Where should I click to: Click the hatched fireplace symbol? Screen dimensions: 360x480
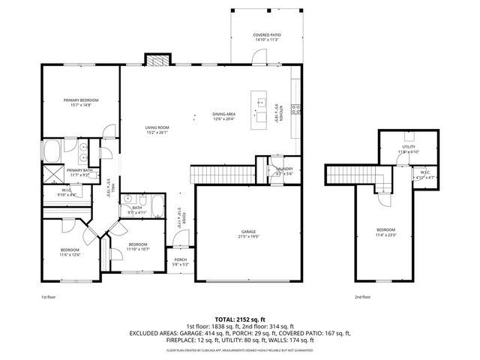[158, 60]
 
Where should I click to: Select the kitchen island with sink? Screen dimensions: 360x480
[262, 109]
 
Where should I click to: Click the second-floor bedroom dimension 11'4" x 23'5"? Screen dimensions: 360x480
[386, 234]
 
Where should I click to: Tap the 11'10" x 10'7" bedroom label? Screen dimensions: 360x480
[139, 247]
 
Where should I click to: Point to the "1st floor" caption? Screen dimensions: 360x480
[49, 296]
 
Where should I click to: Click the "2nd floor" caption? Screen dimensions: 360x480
[363, 296]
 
